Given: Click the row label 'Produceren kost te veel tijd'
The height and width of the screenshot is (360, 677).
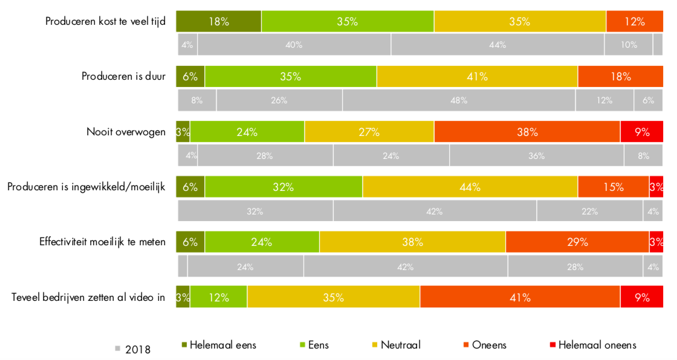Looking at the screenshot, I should point(105,22).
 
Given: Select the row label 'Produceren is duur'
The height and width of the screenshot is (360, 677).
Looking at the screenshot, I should point(123,77).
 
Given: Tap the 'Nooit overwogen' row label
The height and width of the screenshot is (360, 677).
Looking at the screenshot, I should point(125,132).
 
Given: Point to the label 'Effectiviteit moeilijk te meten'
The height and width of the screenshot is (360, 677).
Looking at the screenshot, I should point(102,242).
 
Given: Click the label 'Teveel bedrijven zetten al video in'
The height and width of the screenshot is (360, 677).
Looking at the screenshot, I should point(88,297).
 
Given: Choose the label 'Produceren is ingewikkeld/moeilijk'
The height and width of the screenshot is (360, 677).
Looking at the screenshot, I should point(86,187).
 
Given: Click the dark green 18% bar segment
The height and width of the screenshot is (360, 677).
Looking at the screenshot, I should point(218,22).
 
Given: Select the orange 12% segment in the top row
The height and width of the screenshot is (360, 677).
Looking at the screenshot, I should point(634,22).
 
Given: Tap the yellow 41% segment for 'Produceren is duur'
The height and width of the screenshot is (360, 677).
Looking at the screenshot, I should point(477,77).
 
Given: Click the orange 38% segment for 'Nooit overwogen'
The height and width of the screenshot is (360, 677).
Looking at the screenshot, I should point(526,132).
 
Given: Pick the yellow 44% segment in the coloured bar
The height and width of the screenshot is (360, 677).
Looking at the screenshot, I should point(470,187).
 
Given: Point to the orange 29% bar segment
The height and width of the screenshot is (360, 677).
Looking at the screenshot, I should point(577,242).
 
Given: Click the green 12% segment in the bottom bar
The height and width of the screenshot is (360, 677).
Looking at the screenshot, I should point(218,297).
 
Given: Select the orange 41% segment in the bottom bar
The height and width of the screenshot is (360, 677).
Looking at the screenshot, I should point(520,297).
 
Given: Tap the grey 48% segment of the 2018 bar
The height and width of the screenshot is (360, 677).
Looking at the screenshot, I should point(459,100).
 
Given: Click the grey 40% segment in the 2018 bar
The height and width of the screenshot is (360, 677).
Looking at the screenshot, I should point(294,45).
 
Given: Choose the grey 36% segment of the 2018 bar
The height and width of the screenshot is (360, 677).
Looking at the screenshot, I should point(537,155).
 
